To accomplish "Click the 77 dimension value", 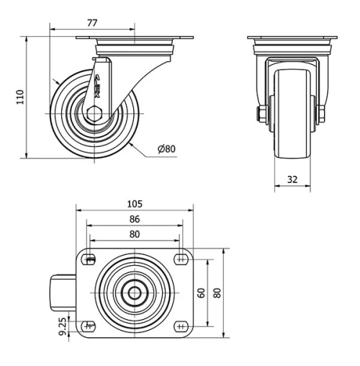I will click(x=92, y=23).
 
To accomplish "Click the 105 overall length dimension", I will click(x=135, y=202).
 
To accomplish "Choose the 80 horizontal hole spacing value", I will click(x=135, y=233).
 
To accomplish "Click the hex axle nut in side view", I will click(x=94, y=112).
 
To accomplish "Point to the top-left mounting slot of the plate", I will click(x=90, y=260).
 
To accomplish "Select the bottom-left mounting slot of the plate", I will click(x=90, y=326).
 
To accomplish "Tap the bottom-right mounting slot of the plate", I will click(x=179, y=326).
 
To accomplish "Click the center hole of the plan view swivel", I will click(x=135, y=293).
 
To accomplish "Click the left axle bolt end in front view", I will click(x=261, y=114).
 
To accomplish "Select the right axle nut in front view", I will click(x=321, y=114).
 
